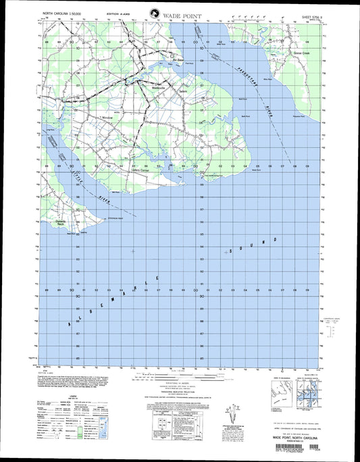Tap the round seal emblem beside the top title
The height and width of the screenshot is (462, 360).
click(155, 12)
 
